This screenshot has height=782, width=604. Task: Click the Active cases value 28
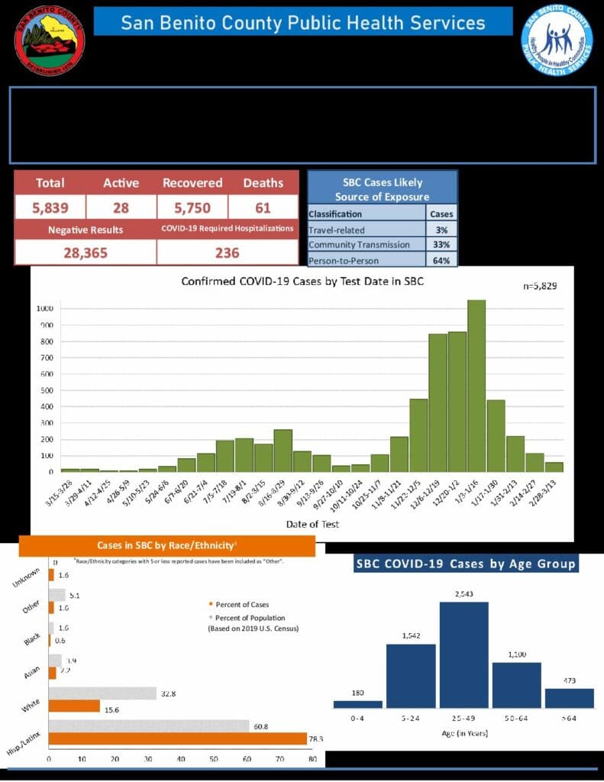[121, 207]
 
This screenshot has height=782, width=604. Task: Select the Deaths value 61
[263, 207]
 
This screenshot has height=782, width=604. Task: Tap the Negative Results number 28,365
[85, 253]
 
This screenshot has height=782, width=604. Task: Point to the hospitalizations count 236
[227, 253]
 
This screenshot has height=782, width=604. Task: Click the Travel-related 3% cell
[441, 229]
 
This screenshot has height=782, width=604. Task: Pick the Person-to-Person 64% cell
[441, 260]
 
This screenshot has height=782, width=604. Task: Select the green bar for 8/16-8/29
[283, 451]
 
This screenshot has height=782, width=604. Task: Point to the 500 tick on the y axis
[47, 390]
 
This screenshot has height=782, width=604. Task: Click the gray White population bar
[102, 693]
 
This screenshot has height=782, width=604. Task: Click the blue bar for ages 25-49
[463, 655]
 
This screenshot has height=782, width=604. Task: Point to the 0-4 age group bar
[357, 704]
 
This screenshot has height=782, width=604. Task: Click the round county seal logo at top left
[50, 40]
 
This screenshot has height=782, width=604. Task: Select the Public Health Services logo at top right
[557, 40]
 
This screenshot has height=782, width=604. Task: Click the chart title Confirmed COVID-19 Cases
[302, 281]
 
